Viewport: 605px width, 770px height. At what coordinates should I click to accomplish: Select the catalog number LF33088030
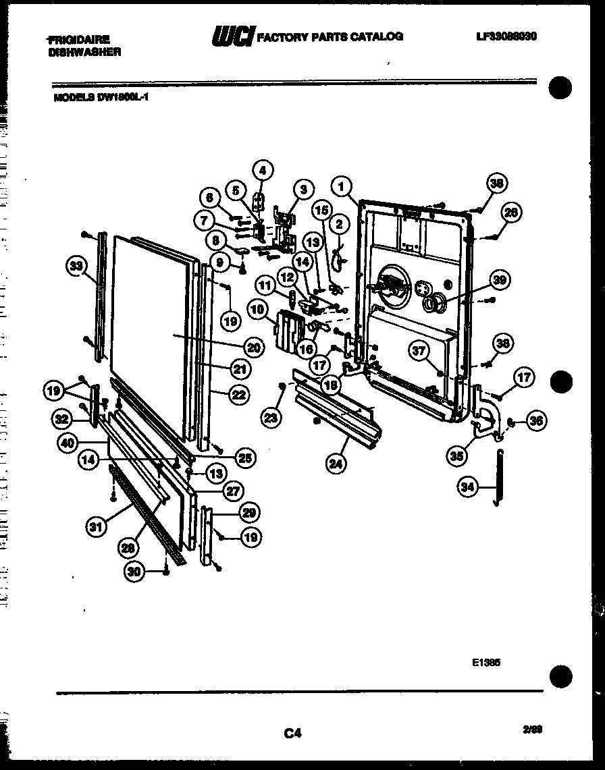[506, 36]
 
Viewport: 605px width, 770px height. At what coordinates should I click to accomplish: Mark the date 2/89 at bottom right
[531, 730]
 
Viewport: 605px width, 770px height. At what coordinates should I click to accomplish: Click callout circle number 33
[77, 267]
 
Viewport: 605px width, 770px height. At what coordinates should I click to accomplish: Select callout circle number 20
[253, 348]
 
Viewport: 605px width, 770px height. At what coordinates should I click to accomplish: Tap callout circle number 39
[500, 280]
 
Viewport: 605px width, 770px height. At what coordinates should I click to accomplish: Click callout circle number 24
[334, 464]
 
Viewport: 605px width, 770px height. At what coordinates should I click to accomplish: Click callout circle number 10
[257, 310]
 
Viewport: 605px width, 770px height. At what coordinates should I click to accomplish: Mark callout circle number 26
[511, 213]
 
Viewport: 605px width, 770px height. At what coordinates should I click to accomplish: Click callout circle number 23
[271, 418]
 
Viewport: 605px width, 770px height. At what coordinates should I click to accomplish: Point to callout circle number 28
[128, 548]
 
